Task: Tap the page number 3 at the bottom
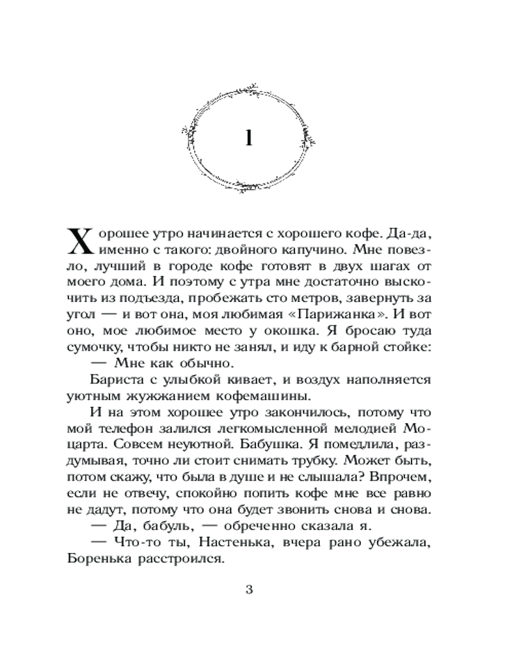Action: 247,591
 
